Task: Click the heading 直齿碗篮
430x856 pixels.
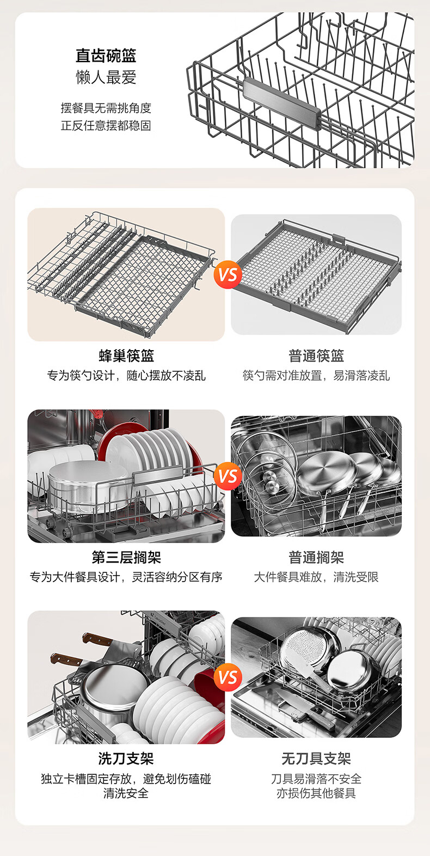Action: [x=106, y=56]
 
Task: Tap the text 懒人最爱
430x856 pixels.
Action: [x=106, y=77]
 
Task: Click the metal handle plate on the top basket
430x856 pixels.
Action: [x=282, y=103]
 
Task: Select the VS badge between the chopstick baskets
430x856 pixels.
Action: [x=228, y=275]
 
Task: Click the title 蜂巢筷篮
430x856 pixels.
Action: [x=126, y=356]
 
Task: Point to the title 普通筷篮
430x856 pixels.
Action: [x=316, y=356]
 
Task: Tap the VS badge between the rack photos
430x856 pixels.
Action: [x=228, y=476]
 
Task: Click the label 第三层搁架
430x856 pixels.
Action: [x=126, y=558]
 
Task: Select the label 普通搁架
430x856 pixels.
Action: [x=316, y=558]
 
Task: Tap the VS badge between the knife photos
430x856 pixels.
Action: [x=228, y=677]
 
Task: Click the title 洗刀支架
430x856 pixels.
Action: [x=126, y=759]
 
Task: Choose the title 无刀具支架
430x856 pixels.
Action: [x=316, y=759]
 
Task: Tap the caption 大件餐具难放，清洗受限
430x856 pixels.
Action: [x=316, y=577]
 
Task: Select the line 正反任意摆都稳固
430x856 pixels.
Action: [x=106, y=126]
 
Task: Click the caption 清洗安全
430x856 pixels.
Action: [x=126, y=793]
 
